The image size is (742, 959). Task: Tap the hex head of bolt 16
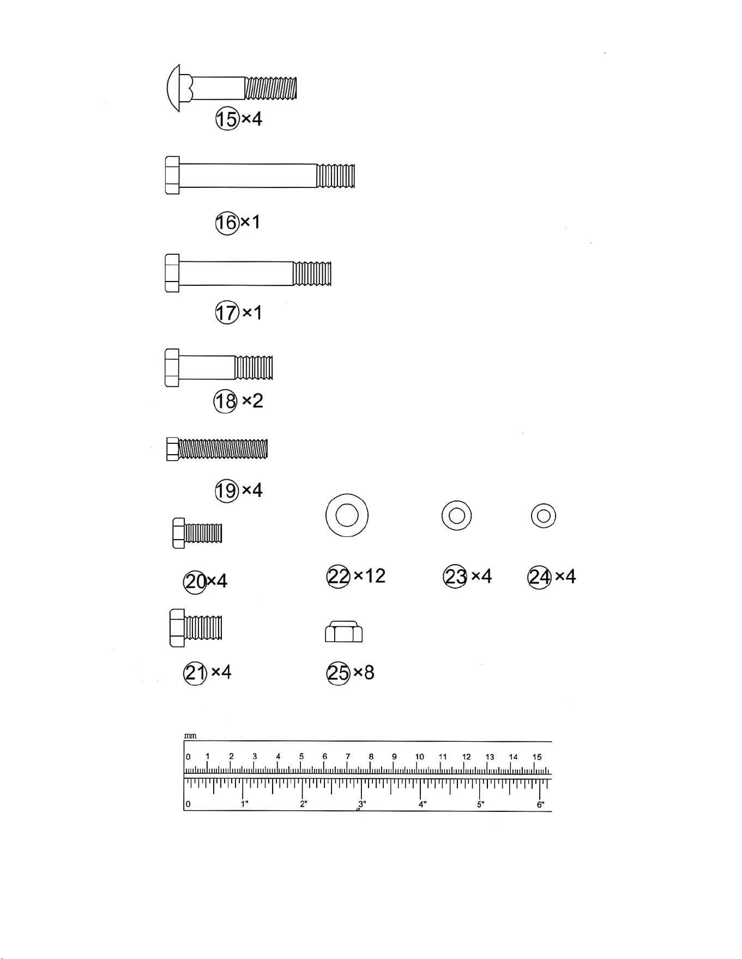(x=172, y=175)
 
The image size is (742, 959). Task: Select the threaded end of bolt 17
(x=312, y=273)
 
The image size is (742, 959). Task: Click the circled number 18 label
(x=225, y=402)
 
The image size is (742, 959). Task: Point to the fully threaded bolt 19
(x=217, y=449)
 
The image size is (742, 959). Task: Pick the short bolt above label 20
(x=197, y=533)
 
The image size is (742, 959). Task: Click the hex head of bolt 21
(x=177, y=628)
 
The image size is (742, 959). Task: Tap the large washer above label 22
(x=347, y=515)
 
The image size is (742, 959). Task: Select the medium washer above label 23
(x=457, y=515)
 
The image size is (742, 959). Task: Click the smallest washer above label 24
(x=544, y=515)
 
